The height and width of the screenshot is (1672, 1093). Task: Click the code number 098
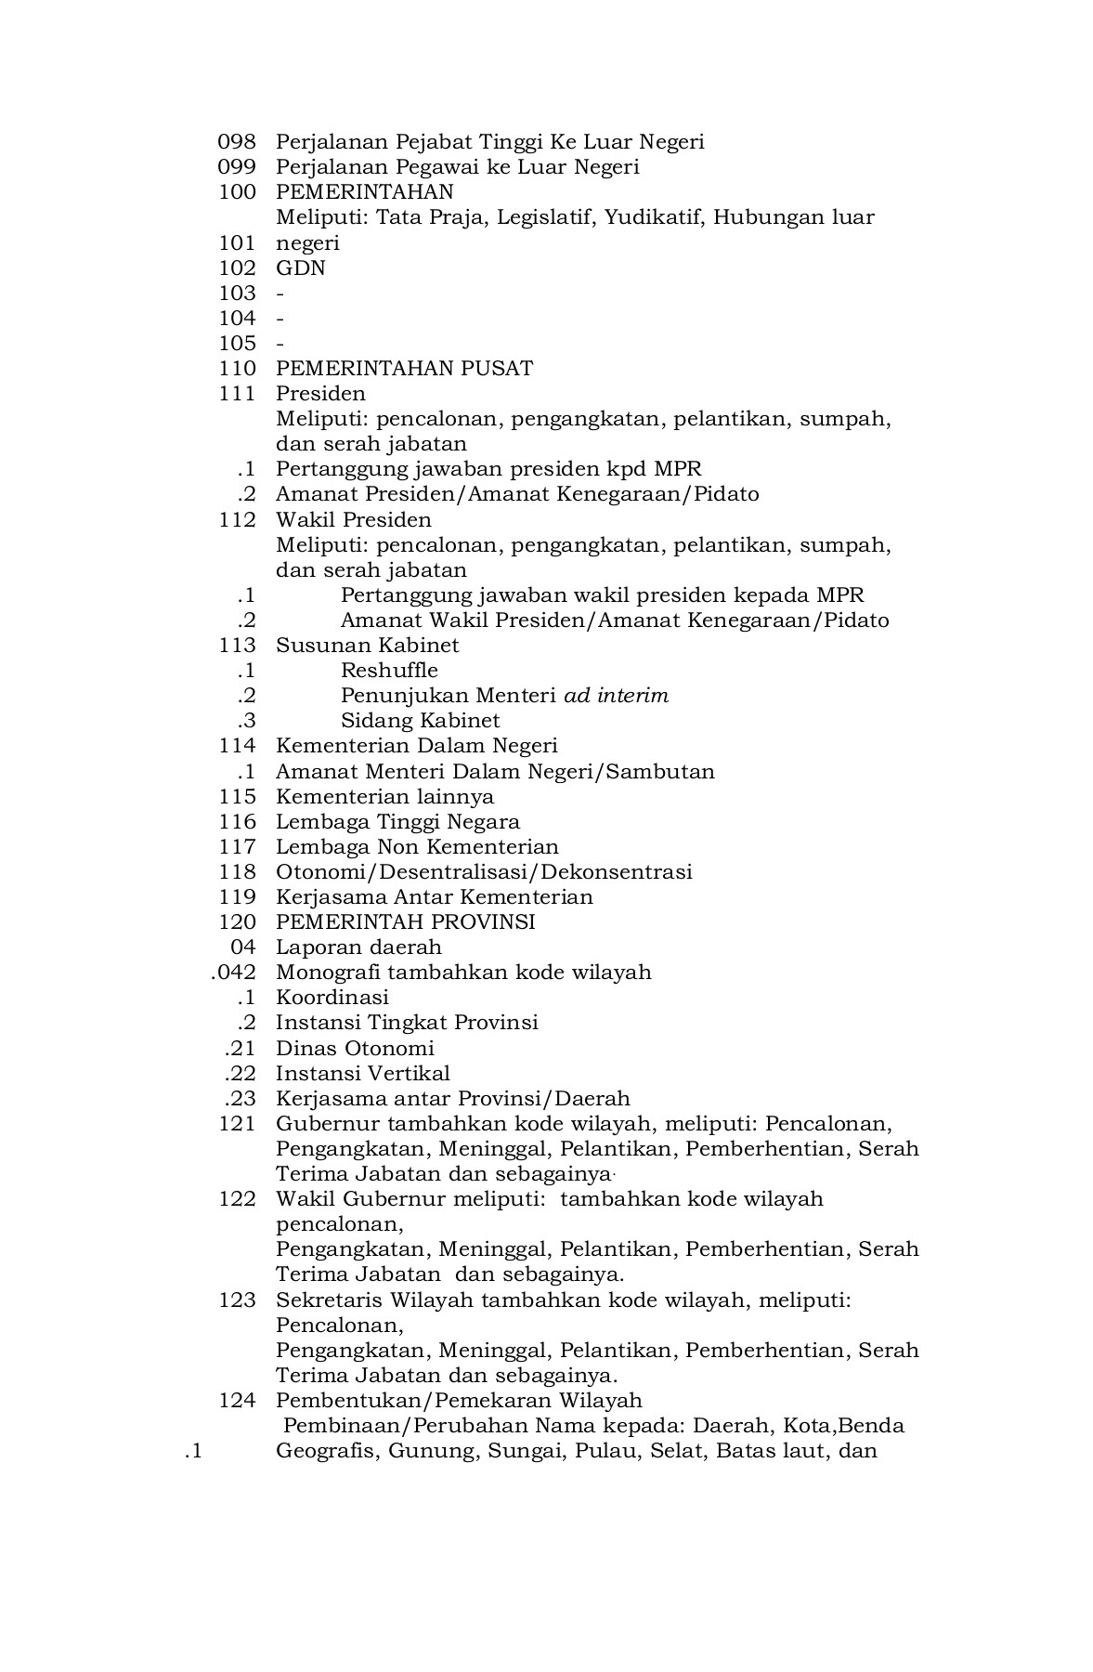tap(236, 142)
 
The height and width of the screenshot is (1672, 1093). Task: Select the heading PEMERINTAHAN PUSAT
tap(404, 369)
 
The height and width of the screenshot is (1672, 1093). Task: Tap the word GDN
tap(300, 268)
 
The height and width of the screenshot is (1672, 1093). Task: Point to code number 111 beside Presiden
tap(236, 394)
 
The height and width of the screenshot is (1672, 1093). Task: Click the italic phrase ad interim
tap(616, 696)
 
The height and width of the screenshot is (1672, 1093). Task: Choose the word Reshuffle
tap(388, 671)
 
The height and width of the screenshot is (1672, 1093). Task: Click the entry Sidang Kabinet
tap(420, 721)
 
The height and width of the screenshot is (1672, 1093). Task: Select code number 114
tap(236, 746)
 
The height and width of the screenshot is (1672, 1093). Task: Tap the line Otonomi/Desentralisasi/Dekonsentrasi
tap(483, 872)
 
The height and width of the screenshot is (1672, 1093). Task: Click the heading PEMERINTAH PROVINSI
tap(405, 922)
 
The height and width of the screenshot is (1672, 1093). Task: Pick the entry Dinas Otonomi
tap(355, 1049)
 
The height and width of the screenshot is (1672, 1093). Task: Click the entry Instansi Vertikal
tap(362, 1074)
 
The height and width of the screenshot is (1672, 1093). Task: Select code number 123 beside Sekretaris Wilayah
tap(236, 1300)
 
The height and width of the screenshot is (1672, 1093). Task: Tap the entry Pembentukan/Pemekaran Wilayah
tap(459, 1401)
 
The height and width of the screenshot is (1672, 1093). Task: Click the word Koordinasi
tap(332, 998)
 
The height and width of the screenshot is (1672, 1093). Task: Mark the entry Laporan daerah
tap(358, 947)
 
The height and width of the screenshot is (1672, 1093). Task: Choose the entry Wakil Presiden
tap(353, 520)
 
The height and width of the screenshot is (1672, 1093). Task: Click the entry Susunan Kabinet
tap(367, 646)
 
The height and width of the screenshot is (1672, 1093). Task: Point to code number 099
tap(236, 167)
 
